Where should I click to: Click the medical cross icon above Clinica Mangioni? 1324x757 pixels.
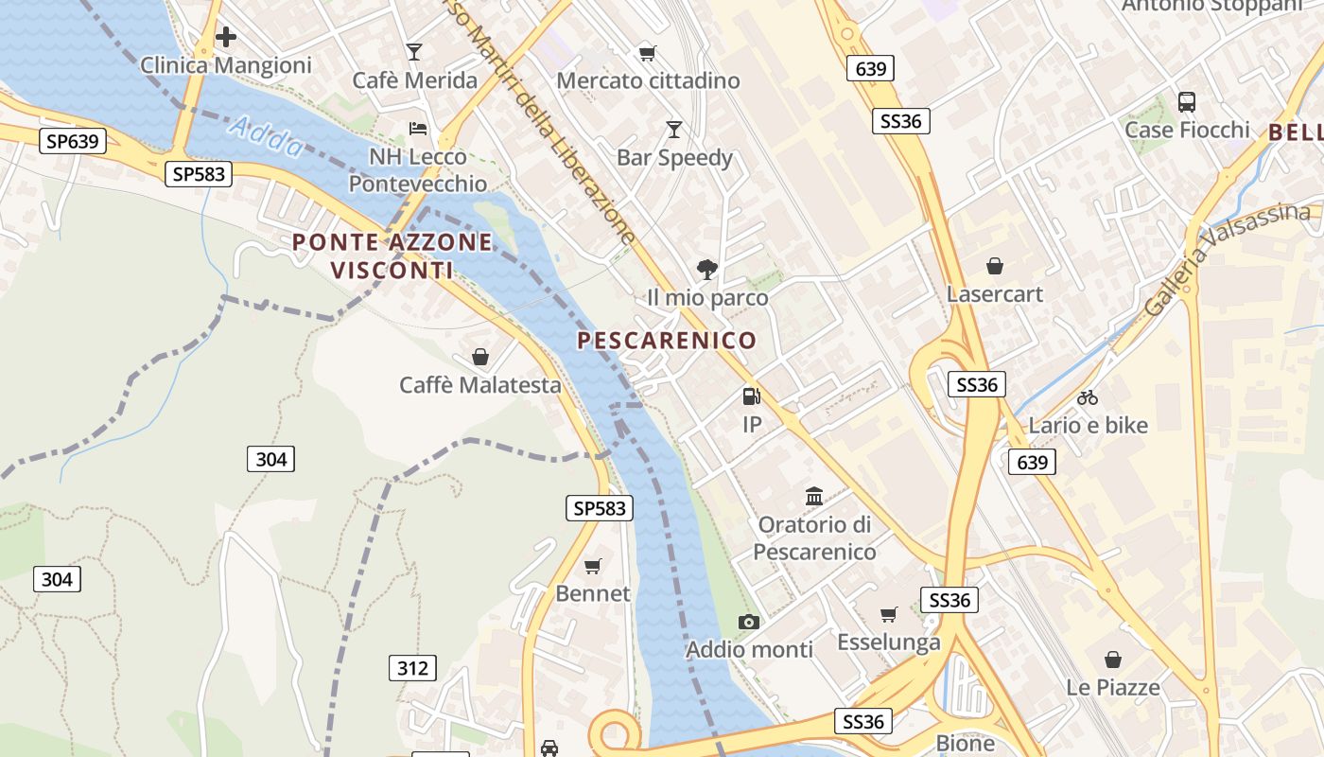tap(226, 38)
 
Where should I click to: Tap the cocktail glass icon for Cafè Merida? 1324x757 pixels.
tap(414, 52)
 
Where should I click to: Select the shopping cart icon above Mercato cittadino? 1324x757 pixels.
tap(647, 53)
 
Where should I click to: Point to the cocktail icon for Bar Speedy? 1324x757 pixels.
tap(674, 129)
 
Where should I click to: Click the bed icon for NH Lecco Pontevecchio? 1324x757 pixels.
tap(418, 128)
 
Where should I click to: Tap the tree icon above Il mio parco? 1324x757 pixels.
tap(706, 270)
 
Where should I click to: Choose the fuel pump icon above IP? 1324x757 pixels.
tap(751, 396)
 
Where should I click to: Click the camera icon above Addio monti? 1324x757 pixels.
tap(749, 622)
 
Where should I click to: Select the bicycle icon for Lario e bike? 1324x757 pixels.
tap(1088, 397)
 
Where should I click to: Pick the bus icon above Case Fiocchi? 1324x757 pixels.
tap(1186, 101)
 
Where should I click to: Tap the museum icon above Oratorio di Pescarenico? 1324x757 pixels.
tap(814, 496)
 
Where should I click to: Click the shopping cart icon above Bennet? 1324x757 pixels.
tap(593, 566)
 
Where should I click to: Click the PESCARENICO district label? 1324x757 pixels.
tap(668, 341)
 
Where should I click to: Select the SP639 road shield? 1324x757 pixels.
tap(73, 141)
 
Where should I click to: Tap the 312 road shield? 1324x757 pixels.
tap(412, 668)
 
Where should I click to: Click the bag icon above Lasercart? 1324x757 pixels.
tap(994, 266)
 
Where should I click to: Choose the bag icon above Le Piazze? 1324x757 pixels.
tap(1113, 659)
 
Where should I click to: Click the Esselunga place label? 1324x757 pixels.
tap(889, 643)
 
